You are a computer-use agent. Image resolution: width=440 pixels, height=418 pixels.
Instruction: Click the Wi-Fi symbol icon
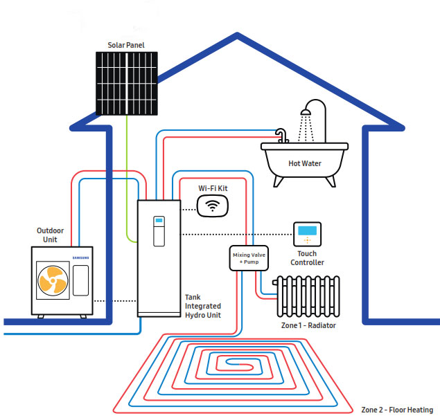(x=211, y=206)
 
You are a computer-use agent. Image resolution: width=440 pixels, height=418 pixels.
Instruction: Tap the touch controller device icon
(x=306, y=235)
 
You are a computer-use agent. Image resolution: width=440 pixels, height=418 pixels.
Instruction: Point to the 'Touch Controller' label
(x=307, y=258)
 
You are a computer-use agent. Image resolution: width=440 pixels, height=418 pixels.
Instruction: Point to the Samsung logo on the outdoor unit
(x=81, y=257)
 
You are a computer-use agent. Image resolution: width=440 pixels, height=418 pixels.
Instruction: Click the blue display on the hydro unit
(x=158, y=223)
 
